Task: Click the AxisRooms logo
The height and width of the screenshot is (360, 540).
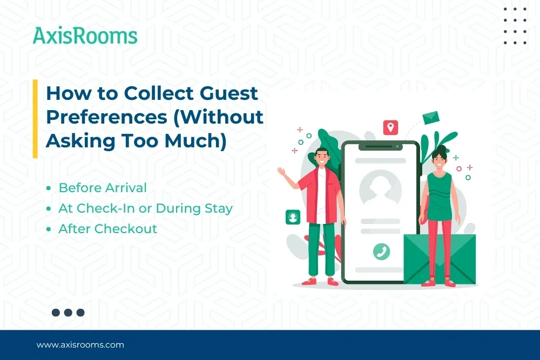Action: click(x=85, y=36)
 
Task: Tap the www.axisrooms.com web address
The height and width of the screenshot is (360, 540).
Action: click(x=80, y=345)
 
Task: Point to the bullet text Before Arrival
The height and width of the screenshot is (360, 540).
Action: click(x=103, y=188)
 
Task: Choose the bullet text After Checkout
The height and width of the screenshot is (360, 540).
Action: click(x=108, y=229)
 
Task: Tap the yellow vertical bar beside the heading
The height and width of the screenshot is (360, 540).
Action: click(x=35, y=119)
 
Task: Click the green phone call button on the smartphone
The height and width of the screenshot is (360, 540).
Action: click(x=381, y=251)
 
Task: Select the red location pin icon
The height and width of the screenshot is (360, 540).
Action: click(x=390, y=128)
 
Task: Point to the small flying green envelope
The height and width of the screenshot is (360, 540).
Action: click(x=431, y=117)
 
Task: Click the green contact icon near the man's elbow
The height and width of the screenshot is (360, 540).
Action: click(x=293, y=218)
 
